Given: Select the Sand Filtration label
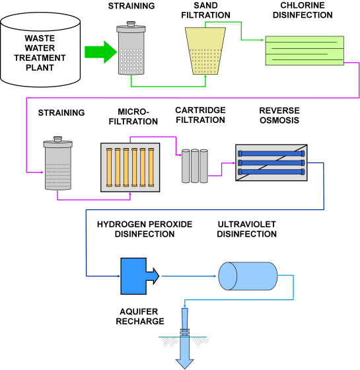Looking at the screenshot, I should coord(205,12).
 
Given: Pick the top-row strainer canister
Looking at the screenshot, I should coord(134,52).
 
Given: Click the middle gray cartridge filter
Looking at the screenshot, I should coord(195,166).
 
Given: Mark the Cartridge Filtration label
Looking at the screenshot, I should coord(200,115).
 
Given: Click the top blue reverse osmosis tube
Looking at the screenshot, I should coord(271,153).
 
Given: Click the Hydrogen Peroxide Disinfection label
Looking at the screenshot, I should coord(145,229).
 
